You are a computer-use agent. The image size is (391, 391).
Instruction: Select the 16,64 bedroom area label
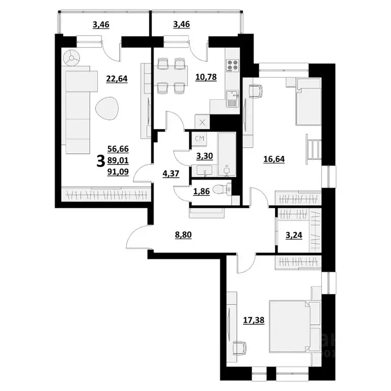pos(274,158)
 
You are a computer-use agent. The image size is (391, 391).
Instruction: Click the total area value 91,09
pos(118,172)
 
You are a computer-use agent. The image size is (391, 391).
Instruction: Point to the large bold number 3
pos(100,161)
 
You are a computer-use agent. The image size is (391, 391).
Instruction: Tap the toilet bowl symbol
pos(219,189)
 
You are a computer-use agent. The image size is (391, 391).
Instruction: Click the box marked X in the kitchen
pos(202,122)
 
